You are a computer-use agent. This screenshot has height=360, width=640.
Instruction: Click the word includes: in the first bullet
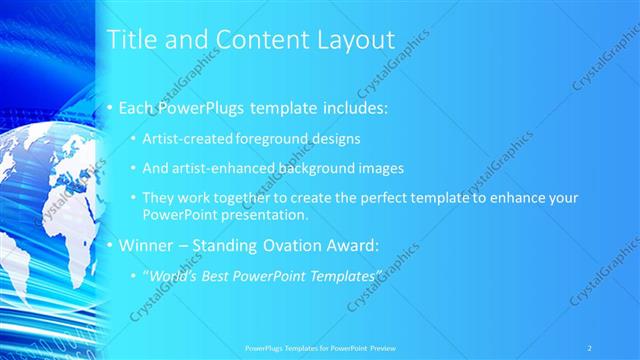pos(344,107)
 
